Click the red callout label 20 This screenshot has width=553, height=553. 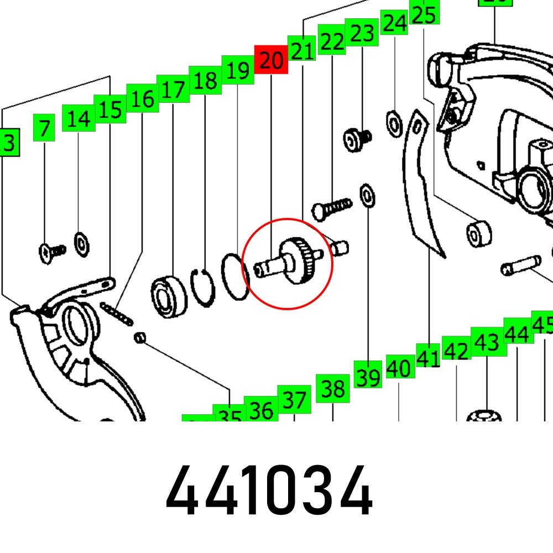click(271, 59)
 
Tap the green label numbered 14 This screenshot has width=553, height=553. click(78, 118)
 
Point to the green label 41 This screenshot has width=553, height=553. click(429, 358)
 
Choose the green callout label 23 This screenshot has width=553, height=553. click(362, 33)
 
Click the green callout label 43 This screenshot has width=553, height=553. click(487, 341)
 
